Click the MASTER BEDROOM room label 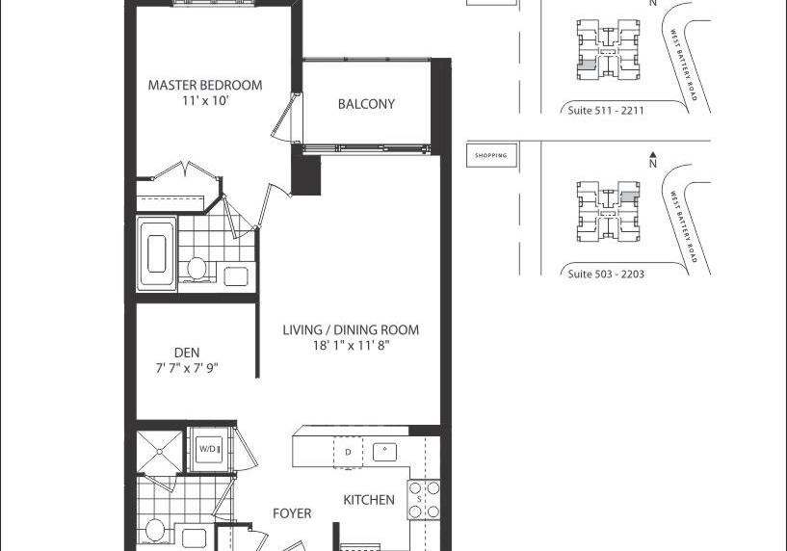205,85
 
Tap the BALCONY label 366,104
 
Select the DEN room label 187,353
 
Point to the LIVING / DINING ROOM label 351,329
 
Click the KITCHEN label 369,500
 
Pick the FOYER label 292,513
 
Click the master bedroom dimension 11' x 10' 206,101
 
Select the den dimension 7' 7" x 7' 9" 187,368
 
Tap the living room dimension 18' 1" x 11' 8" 352,345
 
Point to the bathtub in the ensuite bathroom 157,254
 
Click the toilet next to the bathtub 197,269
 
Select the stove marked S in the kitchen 424,500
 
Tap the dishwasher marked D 348,452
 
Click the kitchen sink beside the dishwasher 385,452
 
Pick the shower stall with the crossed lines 160,452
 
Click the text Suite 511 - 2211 606,111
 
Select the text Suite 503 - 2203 606,274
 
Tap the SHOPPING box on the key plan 491,155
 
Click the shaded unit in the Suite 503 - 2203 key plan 630,197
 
